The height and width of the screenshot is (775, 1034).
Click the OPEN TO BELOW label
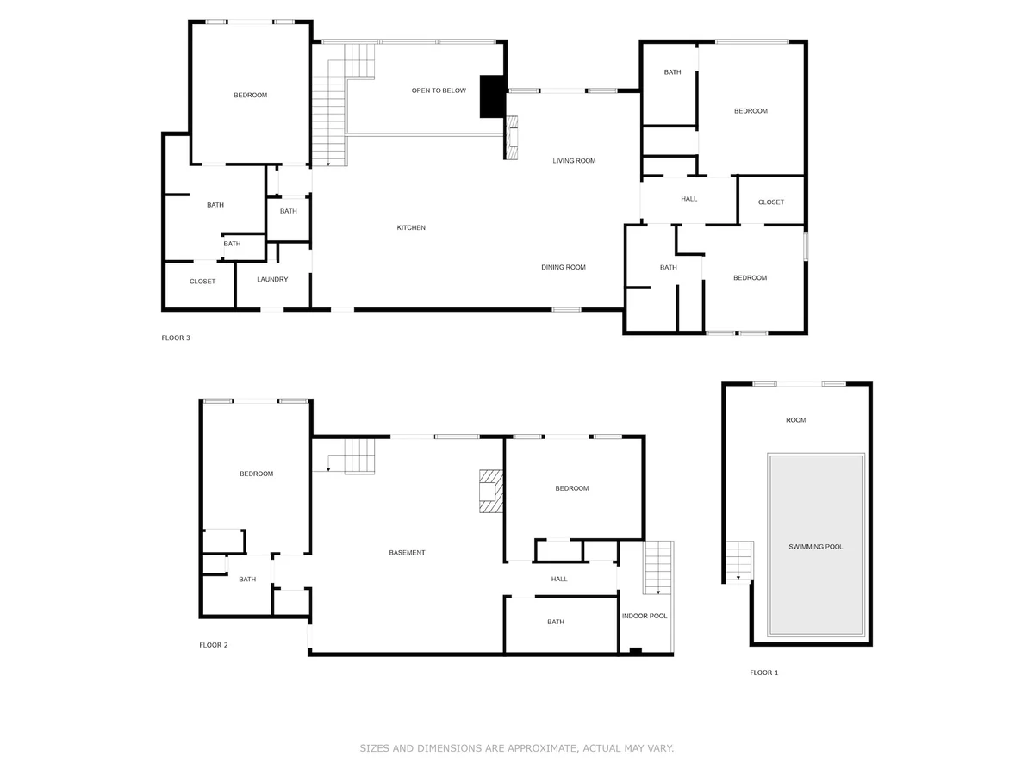[x=438, y=90]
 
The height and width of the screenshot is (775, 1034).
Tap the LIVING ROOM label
[x=573, y=161]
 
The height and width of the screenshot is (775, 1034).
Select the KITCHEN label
[x=411, y=227]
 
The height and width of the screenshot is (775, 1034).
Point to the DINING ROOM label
[x=563, y=267]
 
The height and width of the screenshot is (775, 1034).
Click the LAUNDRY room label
[x=272, y=280]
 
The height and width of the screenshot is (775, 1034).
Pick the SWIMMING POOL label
[x=815, y=547]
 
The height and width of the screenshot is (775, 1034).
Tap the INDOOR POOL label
[x=644, y=616]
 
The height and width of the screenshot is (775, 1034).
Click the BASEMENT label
[x=407, y=553]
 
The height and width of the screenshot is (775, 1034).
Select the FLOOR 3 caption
[x=176, y=338]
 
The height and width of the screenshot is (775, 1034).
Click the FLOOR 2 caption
[x=214, y=645]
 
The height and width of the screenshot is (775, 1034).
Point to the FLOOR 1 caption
[x=763, y=673]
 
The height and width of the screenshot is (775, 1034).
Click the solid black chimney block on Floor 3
[x=492, y=96]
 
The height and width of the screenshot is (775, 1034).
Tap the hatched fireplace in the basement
[x=491, y=491]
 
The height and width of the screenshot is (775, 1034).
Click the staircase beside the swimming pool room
[x=738, y=561]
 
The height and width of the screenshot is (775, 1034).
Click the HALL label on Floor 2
[x=558, y=580]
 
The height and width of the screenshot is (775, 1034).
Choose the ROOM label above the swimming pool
[x=795, y=420]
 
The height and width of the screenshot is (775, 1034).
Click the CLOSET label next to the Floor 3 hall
[x=770, y=202]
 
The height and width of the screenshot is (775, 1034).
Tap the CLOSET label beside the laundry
[x=202, y=282]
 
